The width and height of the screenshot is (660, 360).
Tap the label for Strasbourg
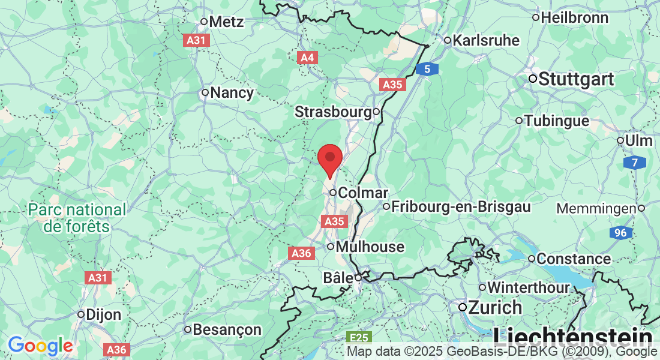point(333,112)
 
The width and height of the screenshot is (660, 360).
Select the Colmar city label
point(363,193)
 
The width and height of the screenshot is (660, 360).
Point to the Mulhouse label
point(370,247)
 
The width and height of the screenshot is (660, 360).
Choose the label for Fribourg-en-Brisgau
point(461,207)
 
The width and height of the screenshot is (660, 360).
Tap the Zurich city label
point(495,307)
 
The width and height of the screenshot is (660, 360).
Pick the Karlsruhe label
point(487,41)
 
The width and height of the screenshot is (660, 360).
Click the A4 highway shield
point(307,58)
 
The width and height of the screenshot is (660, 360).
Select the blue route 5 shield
point(427,70)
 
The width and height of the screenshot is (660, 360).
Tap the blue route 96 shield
point(619,232)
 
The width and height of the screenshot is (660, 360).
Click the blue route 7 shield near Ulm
point(634,163)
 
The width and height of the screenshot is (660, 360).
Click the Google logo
point(40,345)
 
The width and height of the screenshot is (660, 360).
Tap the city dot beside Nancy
point(205,92)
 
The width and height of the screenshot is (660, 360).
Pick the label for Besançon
point(228,329)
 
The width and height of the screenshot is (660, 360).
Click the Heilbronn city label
point(575,17)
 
